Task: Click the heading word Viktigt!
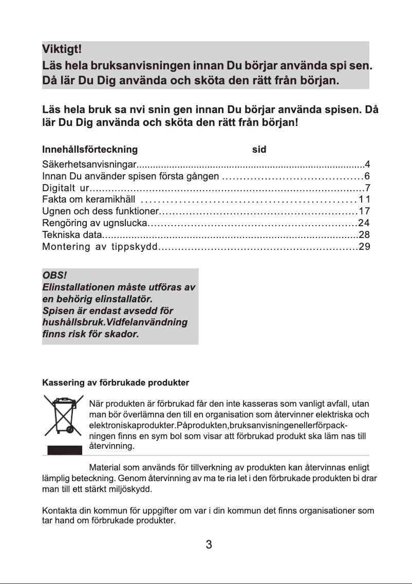click(62, 51)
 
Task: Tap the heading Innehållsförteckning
click(90, 150)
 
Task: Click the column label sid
click(259, 150)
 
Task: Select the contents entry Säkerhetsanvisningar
click(89, 165)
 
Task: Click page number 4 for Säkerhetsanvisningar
click(367, 165)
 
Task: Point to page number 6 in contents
click(367, 176)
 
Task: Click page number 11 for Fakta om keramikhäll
click(365, 199)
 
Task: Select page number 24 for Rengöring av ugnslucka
click(364, 223)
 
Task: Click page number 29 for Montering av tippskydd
click(365, 247)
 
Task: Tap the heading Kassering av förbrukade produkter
click(116, 383)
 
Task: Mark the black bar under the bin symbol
click(65, 450)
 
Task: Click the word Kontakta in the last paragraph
click(57, 511)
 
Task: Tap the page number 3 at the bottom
click(209, 545)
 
